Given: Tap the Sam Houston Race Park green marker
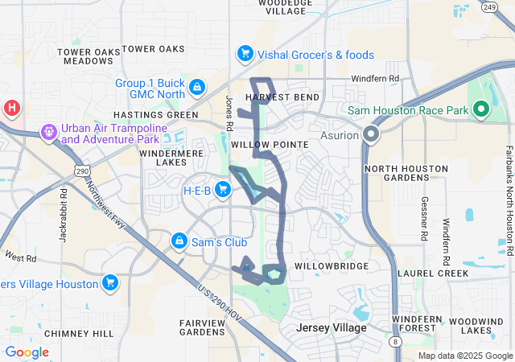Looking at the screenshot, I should (481, 109).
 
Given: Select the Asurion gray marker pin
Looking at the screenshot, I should (371, 134).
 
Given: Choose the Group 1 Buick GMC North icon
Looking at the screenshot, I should (196, 86).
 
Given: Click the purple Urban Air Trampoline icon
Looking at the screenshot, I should (49, 132).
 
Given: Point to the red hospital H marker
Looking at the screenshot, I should (11, 109).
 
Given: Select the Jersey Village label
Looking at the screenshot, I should (331, 328).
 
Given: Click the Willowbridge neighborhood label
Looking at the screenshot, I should (332, 265).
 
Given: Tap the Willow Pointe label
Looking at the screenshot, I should (270, 144).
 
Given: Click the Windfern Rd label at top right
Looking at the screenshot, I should (375, 79).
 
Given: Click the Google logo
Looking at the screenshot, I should (27, 352).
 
